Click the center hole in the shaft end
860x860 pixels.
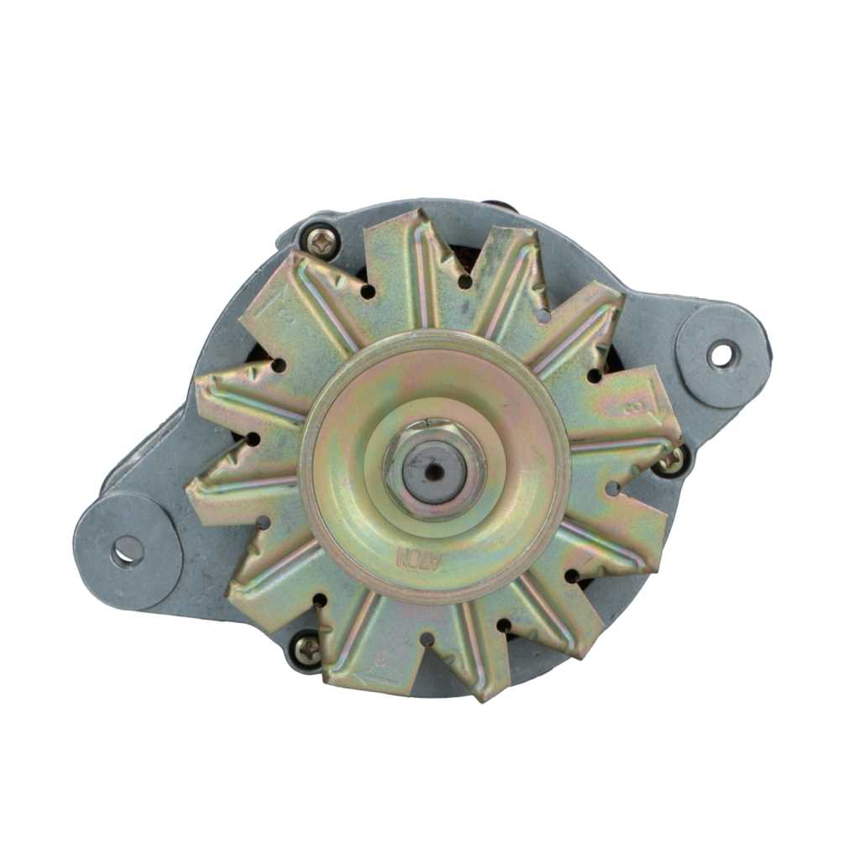click(434, 470)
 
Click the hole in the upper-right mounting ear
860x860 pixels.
click(721, 354)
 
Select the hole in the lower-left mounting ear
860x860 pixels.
click(127, 550)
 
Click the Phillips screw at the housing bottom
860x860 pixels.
click(307, 648)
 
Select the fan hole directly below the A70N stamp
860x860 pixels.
click(427, 640)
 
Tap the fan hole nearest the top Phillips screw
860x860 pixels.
click(368, 291)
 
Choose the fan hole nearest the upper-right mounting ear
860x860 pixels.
click(595, 375)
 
